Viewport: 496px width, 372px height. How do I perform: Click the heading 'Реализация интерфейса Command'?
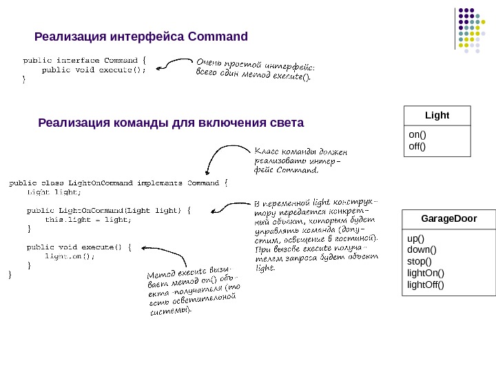(141, 36)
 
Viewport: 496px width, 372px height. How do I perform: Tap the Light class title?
(436, 115)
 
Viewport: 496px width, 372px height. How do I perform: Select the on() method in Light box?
(418, 135)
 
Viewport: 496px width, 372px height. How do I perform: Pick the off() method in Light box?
(418, 146)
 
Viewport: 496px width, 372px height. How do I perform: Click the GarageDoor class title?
(448, 219)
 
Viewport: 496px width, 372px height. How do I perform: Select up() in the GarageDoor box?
(415, 238)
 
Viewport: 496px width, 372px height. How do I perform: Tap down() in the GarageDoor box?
(422, 249)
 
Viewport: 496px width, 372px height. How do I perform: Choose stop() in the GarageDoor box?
(420, 261)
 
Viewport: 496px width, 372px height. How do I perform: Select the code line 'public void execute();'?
(94, 69)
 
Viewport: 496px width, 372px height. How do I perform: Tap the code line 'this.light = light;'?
(87, 220)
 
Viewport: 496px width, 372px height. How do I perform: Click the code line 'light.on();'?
(70, 256)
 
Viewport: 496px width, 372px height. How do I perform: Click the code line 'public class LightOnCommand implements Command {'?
(118, 183)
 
